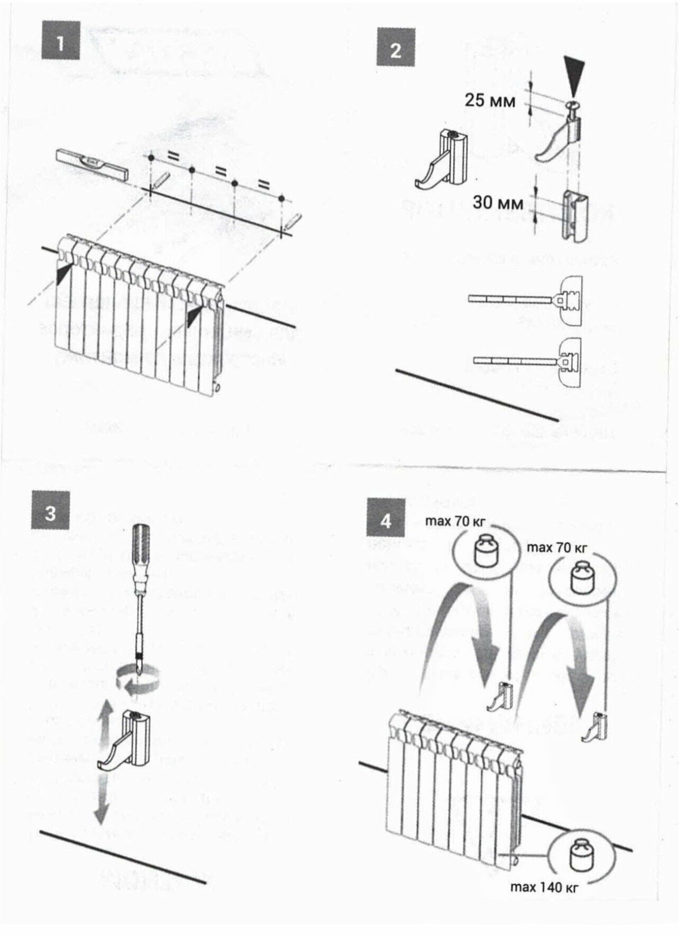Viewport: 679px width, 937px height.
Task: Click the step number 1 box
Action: [x=60, y=41]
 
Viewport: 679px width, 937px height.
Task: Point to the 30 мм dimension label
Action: [x=498, y=203]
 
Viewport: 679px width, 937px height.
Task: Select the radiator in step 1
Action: [x=140, y=312]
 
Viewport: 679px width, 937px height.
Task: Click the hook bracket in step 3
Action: [x=127, y=741]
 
